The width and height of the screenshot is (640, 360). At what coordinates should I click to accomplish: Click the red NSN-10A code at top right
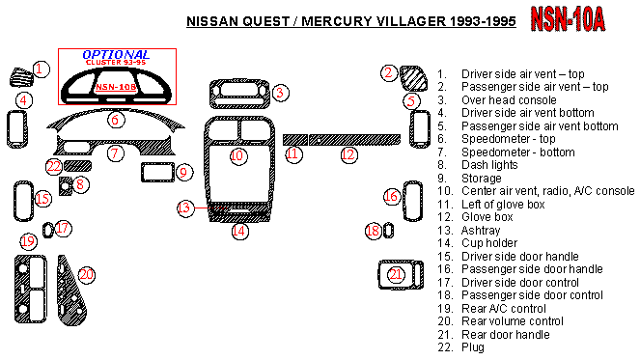[568, 19]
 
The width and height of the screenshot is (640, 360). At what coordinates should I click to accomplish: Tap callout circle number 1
[40, 69]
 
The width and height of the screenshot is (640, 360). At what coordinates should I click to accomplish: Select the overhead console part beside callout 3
[239, 94]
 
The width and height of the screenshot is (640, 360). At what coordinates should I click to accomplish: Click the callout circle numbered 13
[184, 208]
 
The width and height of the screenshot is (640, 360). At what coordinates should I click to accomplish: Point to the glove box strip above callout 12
[354, 140]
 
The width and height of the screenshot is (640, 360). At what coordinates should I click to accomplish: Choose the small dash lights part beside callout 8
[66, 186]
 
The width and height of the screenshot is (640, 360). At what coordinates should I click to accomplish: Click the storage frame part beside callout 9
[157, 172]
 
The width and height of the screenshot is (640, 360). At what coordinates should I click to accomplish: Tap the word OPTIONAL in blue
[116, 55]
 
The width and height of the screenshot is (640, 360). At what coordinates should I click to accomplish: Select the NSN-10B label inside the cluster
[116, 87]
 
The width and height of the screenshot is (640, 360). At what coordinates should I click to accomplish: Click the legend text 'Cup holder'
[489, 243]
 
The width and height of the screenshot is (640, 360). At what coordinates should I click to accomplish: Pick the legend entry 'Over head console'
[509, 100]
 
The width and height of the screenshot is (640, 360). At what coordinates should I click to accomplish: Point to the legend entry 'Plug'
[473, 347]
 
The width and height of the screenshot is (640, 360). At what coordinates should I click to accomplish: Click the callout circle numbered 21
[396, 274]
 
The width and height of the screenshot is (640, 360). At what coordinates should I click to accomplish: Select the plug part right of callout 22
[77, 166]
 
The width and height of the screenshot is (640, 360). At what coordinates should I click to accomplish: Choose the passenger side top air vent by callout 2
[413, 78]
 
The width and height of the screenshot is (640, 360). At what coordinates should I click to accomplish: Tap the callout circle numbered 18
[373, 231]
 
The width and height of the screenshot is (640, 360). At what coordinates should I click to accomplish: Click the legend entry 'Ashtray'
[481, 231]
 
